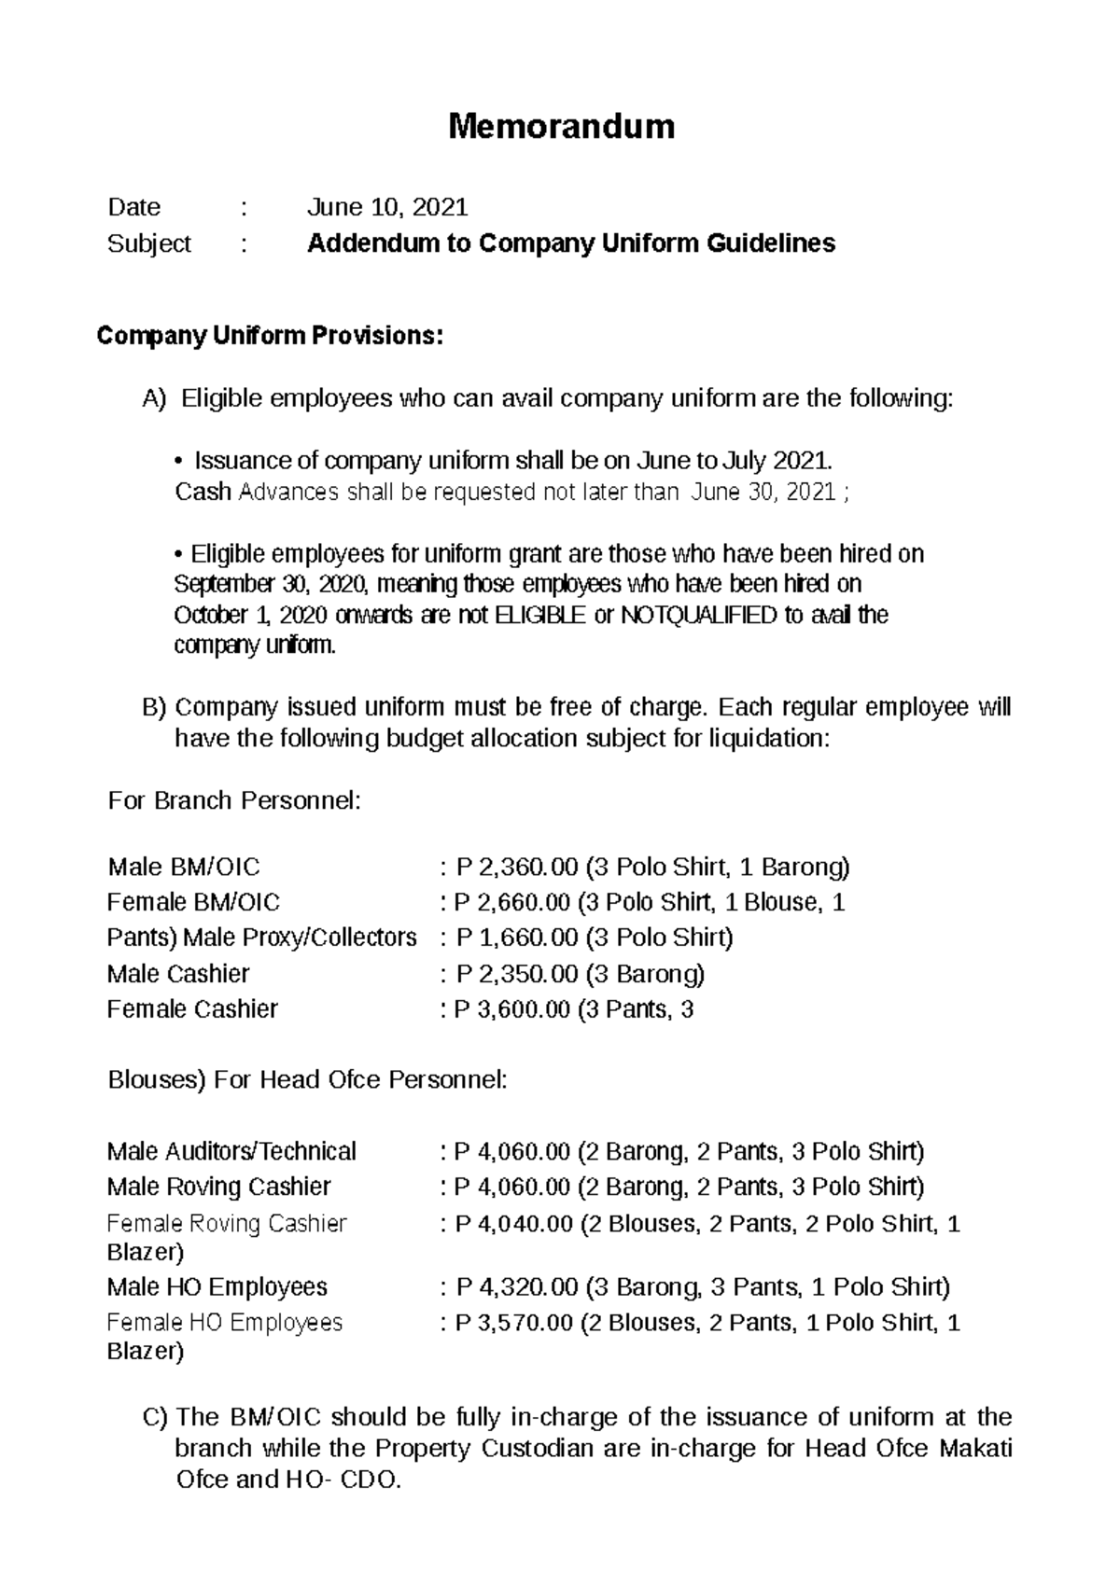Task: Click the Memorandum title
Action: (x=561, y=126)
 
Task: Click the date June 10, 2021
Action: (x=387, y=207)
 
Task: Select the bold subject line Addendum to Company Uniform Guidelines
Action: (x=571, y=244)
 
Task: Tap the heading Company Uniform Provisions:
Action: (x=270, y=337)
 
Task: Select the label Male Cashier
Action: (x=178, y=975)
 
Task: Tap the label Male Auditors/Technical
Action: (x=231, y=1152)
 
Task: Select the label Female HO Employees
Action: (x=225, y=1323)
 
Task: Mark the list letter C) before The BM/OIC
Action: (x=154, y=1418)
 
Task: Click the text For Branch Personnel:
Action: (x=233, y=801)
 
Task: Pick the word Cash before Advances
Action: (x=203, y=493)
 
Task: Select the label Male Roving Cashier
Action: (x=219, y=1188)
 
